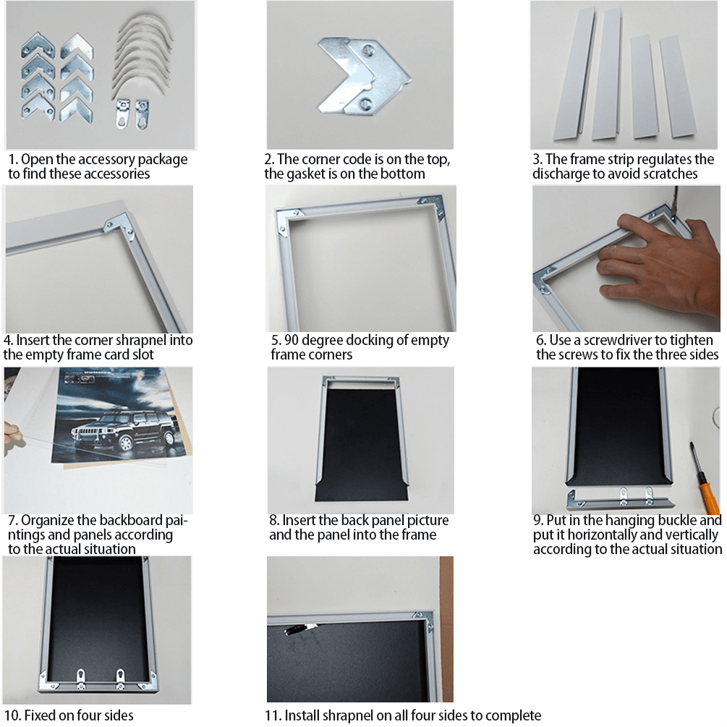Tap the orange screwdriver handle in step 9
tap(707, 490)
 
